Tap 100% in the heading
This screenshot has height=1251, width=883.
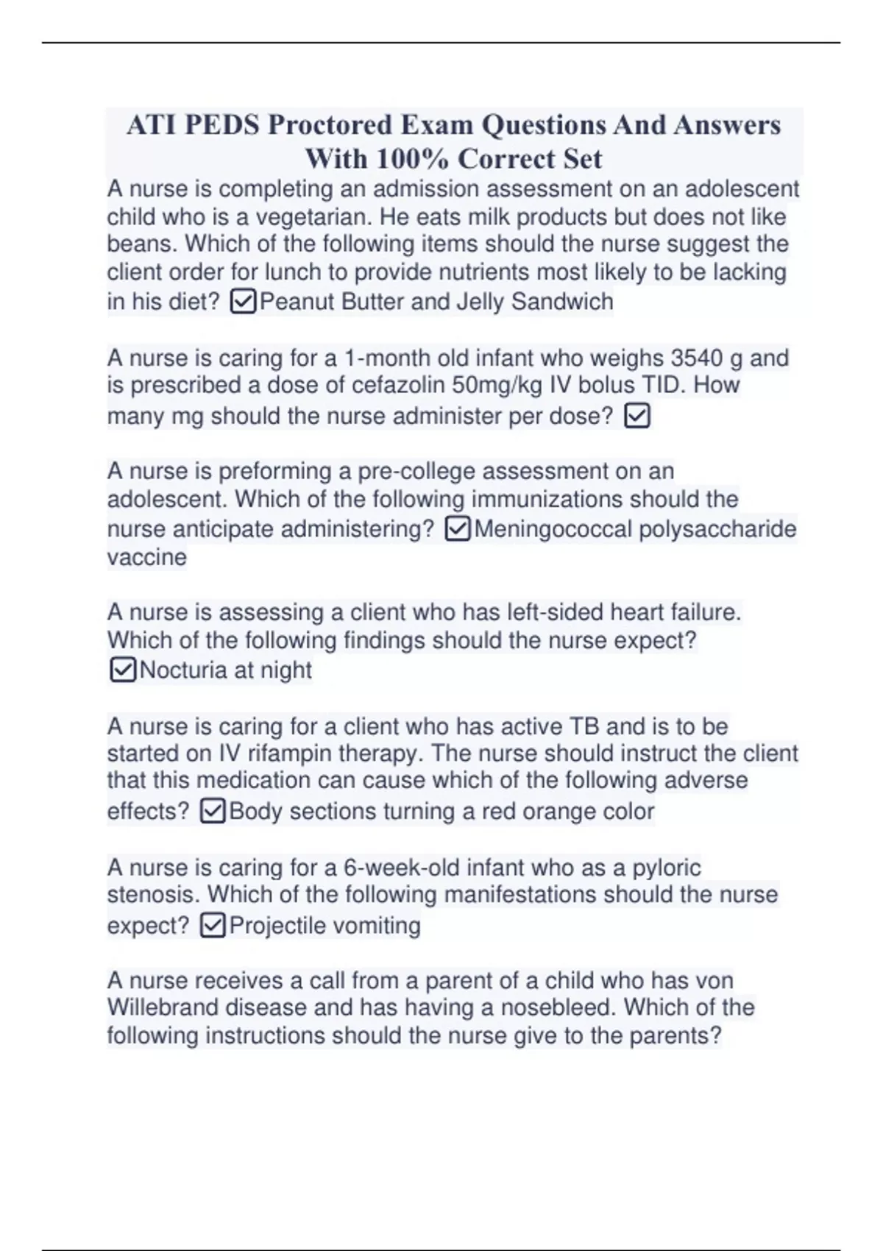[x=413, y=159]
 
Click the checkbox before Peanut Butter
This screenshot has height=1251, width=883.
[x=243, y=302]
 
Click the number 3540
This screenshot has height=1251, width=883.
[x=696, y=358]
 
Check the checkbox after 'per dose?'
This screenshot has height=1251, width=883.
[x=636, y=417]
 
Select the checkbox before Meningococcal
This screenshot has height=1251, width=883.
[x=458, y=529]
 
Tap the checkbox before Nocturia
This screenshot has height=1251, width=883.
[x=122, y=670]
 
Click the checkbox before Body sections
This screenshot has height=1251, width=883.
[x=213, y=811]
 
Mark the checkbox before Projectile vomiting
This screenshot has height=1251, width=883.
[x=213, y=925]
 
